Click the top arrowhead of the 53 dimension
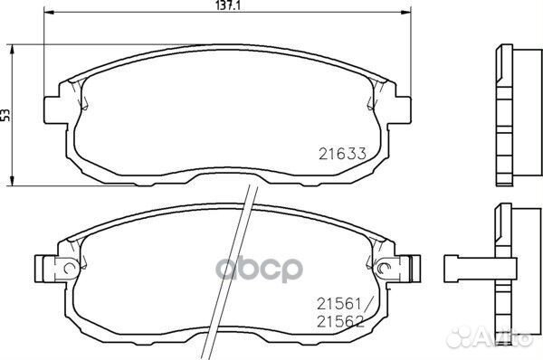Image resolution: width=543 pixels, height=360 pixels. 12,44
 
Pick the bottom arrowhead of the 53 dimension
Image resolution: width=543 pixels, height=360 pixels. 12,180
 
